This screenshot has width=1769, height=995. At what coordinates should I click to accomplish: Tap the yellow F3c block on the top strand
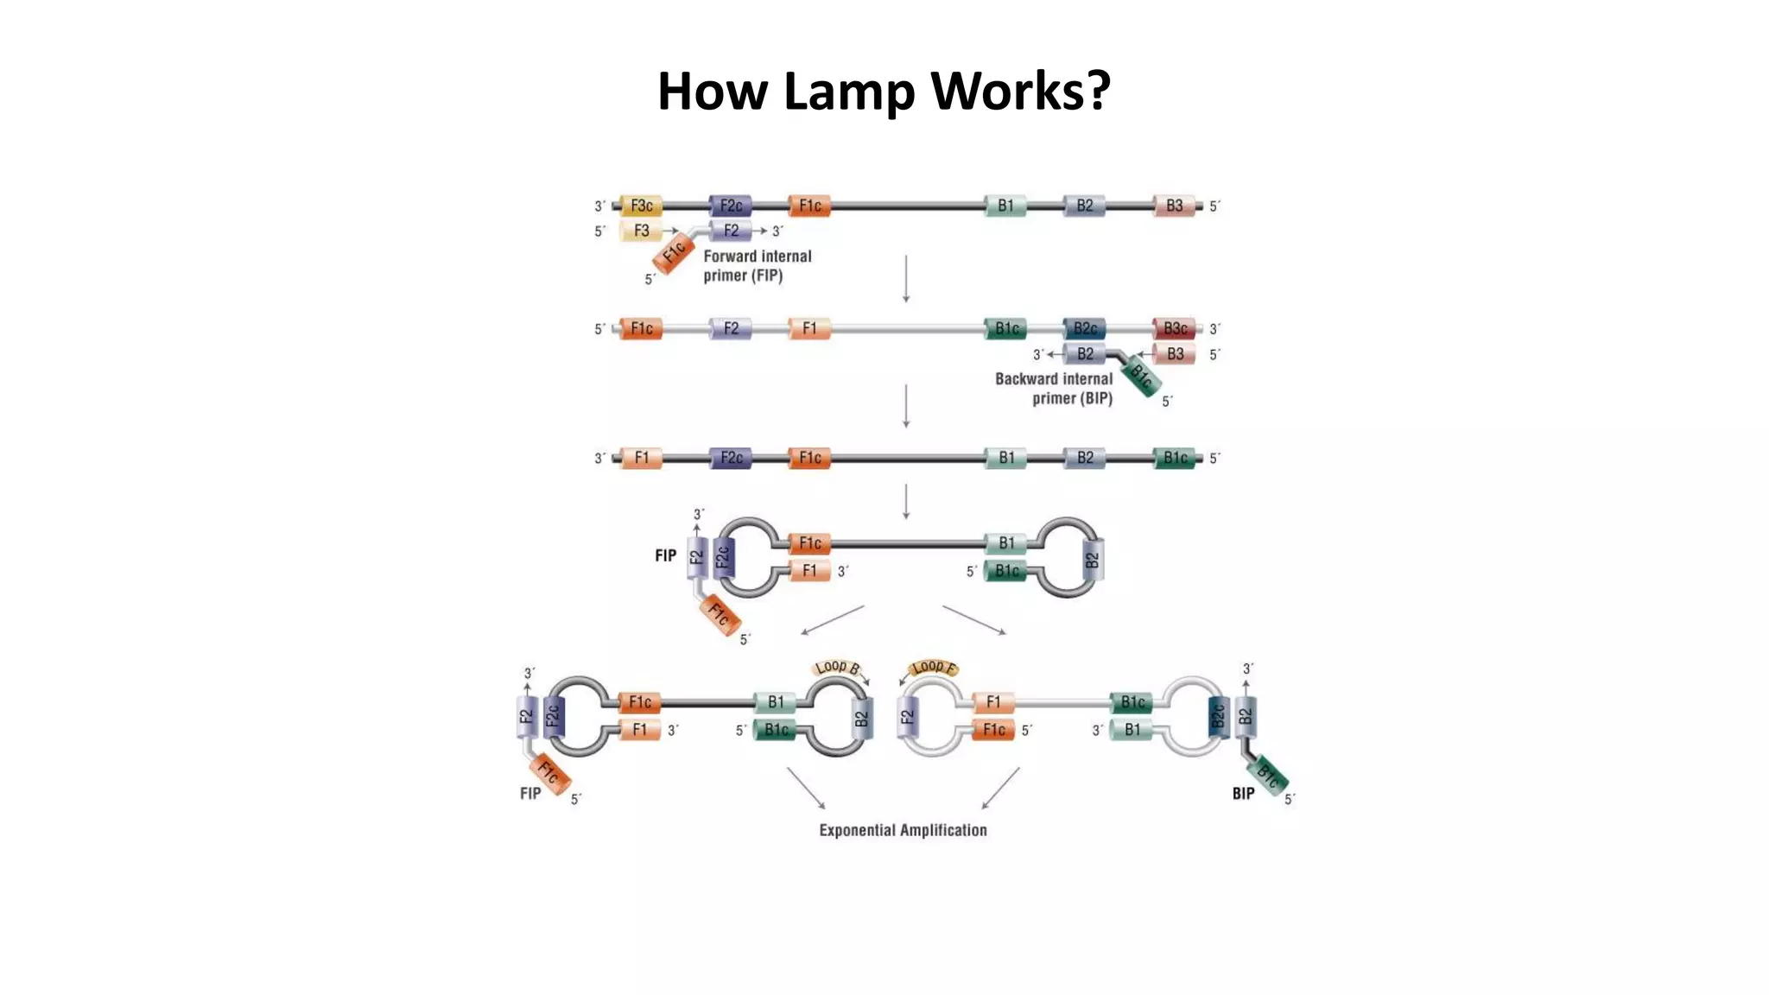(x=641, y=206)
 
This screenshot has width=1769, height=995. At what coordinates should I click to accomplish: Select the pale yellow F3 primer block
(x=641, y=231)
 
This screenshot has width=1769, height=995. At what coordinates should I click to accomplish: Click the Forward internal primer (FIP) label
(x=757, y=266)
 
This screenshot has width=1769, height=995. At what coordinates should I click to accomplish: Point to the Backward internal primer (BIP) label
(x=1054, y=389)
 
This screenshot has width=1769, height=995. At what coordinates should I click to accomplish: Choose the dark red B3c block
(x=1175, y=328)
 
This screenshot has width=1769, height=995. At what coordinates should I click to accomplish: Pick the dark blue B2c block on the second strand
(x=1085, y=328)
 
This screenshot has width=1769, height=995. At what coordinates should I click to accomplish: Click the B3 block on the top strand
(x=1175, y=206)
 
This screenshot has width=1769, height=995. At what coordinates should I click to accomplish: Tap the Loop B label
(x=837, y=668)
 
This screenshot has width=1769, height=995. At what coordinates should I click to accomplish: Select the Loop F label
(x=934, y=668)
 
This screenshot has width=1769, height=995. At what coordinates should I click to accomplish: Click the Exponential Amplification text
(x=903, y=830)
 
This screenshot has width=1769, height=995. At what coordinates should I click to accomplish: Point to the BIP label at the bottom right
(x=1243, y=793)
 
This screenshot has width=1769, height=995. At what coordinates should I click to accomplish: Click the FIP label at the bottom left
(x=530, y=793)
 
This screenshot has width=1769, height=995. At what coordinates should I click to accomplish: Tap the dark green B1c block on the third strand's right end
(x=1175, y=458)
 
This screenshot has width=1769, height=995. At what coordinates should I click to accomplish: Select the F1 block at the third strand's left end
(x=641, y=458)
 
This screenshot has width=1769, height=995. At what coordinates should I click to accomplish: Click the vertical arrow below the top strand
(x=905, y=278)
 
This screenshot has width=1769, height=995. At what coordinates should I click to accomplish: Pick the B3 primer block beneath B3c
(x=1175, y=354)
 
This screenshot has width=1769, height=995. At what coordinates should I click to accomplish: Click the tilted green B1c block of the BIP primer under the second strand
(x=1143, y=378)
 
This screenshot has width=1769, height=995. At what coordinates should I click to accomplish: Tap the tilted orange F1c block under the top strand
(x=674, y=252)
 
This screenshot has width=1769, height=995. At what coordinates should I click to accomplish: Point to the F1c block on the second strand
(x=641, y=328)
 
